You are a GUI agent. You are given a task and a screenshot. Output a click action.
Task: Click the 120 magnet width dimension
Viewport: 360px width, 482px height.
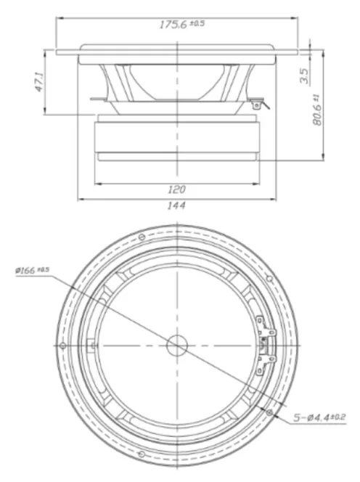pos(176,190)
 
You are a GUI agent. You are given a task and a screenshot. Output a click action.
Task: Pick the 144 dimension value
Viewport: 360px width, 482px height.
pos(176,206)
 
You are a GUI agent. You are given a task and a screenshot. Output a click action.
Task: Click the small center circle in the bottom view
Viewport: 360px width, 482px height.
pos(176,345)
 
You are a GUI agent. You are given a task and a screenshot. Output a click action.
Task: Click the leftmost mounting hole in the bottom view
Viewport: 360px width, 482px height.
pos(62,344)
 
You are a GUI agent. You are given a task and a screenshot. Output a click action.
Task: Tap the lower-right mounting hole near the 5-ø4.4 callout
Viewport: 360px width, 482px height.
pos(269,412)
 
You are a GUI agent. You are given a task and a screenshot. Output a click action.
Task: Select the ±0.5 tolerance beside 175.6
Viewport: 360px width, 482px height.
pos(197,24)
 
